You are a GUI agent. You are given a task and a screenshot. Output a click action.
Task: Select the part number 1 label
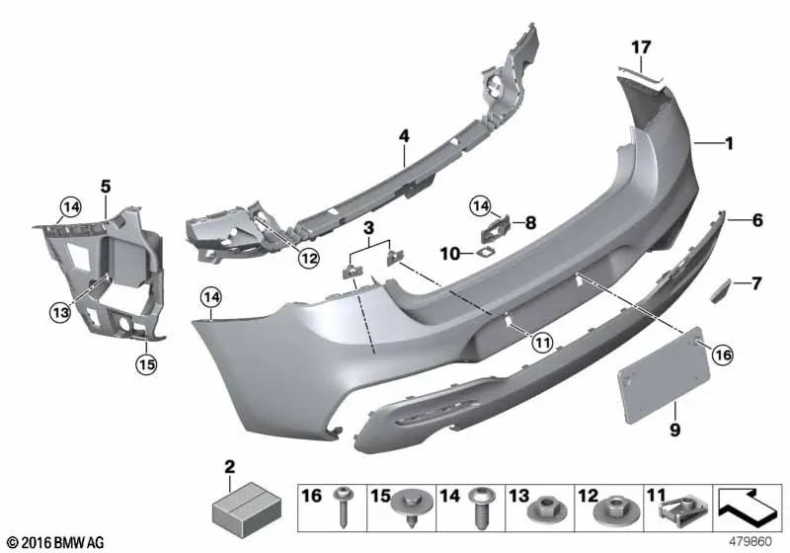[729, 144]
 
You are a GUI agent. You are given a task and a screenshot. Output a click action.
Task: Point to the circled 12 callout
[308, 259]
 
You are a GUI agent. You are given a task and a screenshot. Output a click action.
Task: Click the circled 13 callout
[60, 312]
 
